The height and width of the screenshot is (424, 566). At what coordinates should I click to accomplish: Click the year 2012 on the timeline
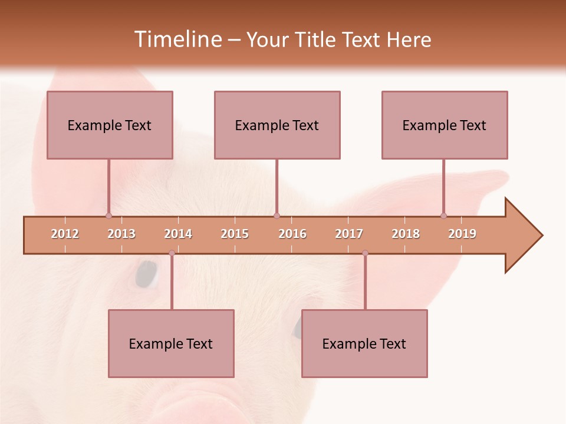(x=65, y=234)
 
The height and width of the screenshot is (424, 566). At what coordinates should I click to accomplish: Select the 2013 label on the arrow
(x=121, y=234)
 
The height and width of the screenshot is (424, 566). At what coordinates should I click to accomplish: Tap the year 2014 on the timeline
(x=178, y=234)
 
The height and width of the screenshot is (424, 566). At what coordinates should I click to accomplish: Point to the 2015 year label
(x=235, y=234)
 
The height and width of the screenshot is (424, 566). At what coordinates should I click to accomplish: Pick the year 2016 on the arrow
(x=292, y=234)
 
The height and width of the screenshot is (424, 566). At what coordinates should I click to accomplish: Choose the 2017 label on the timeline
(x=349, y=234)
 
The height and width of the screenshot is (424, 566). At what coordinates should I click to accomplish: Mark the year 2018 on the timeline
(x=406, y=234)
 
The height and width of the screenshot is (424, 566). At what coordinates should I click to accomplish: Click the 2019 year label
(x=462, y=234)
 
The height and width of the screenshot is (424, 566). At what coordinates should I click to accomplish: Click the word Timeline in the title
(x=177, y=39)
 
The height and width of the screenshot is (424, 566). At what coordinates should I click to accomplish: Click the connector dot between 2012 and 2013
(x=108, y=216)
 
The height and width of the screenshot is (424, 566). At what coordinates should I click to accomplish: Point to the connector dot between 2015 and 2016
(x=277, y=216)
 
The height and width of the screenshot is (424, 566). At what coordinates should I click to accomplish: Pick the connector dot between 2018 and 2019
(x=443, y=216)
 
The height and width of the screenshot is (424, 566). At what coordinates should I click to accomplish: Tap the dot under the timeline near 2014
(x=172, y=253)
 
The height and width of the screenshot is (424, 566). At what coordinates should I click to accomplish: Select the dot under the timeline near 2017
(x=365, y=253)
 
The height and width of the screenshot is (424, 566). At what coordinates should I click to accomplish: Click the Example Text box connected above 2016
(x=277, y=125)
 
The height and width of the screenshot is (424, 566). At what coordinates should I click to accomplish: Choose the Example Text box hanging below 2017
(x=364, y=343)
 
